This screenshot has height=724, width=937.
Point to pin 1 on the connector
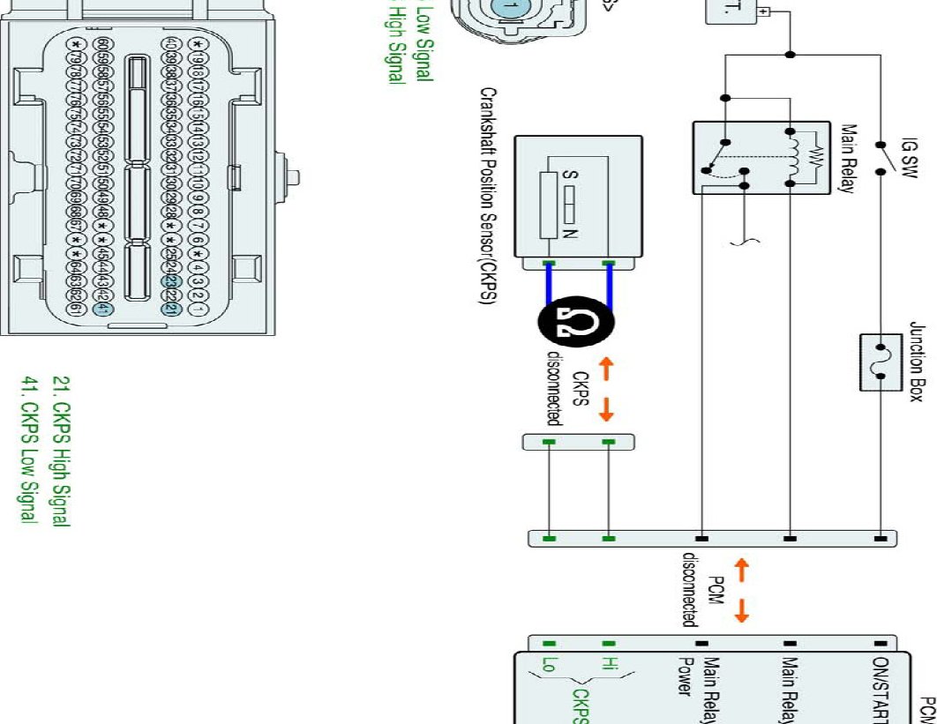click(x=199, y=310)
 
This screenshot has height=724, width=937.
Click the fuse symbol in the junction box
click(x=879, y=362)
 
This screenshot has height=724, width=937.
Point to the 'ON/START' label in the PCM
click(x=879, y=688)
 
